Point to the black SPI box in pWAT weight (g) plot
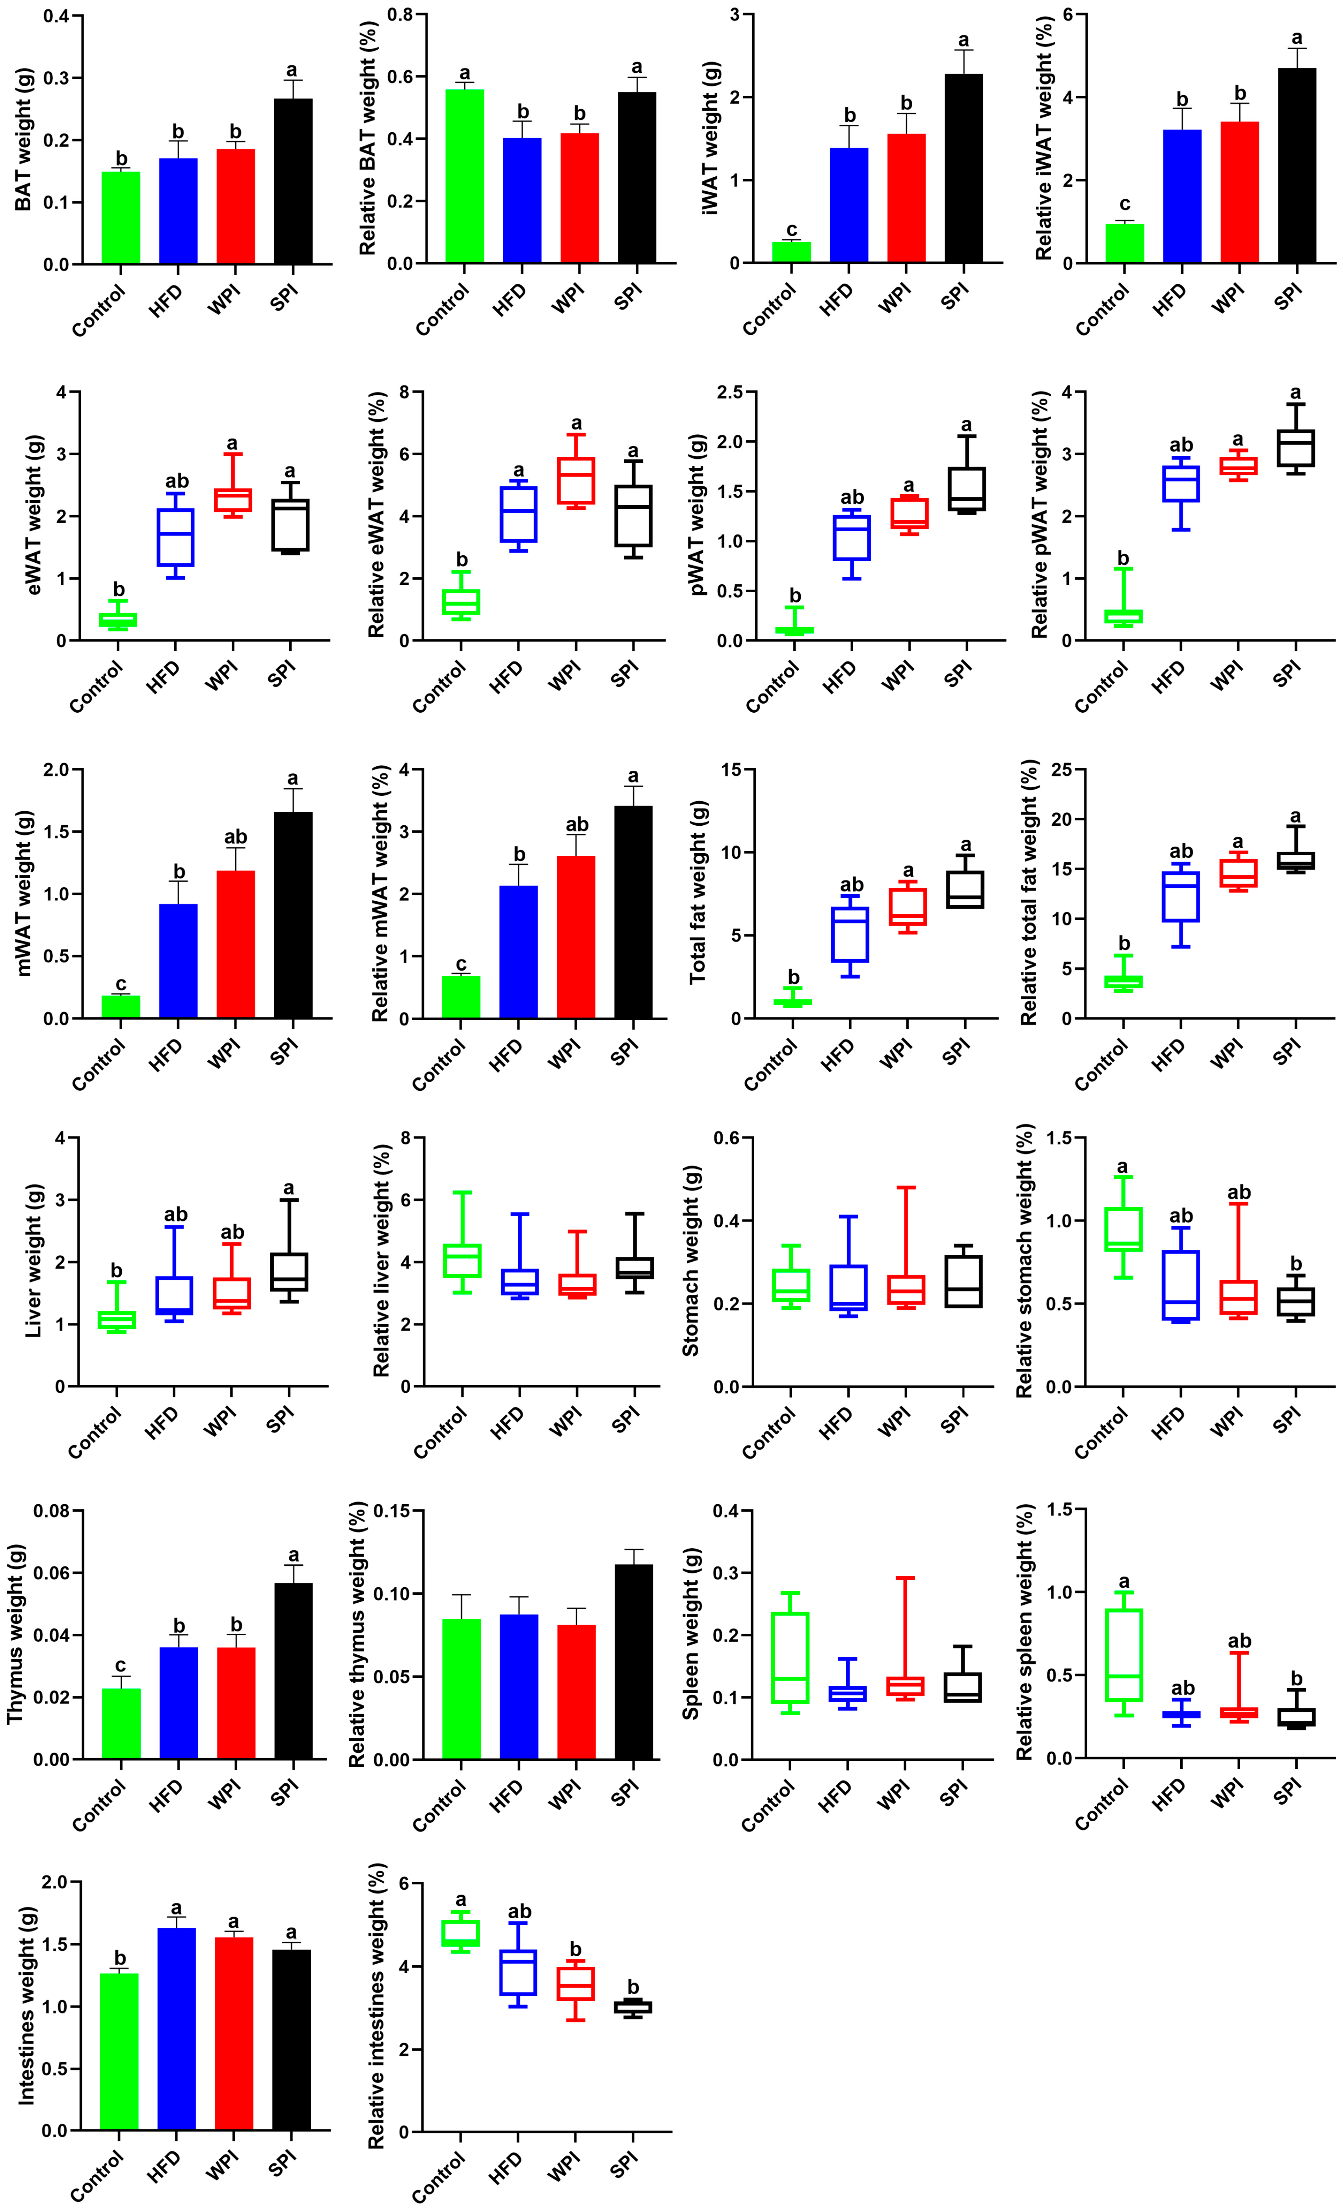tap(965, 489)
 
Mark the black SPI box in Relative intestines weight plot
tap(633, 2007)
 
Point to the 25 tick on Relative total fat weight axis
tap(1060, 770)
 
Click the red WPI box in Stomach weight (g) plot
tap(907, 1290)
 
